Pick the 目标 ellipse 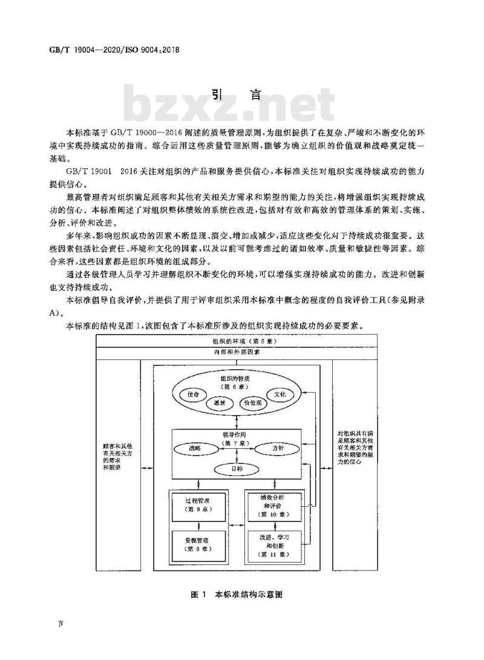[236, 468]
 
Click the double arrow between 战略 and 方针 [236, 449]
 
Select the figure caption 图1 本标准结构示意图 [235, 595]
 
